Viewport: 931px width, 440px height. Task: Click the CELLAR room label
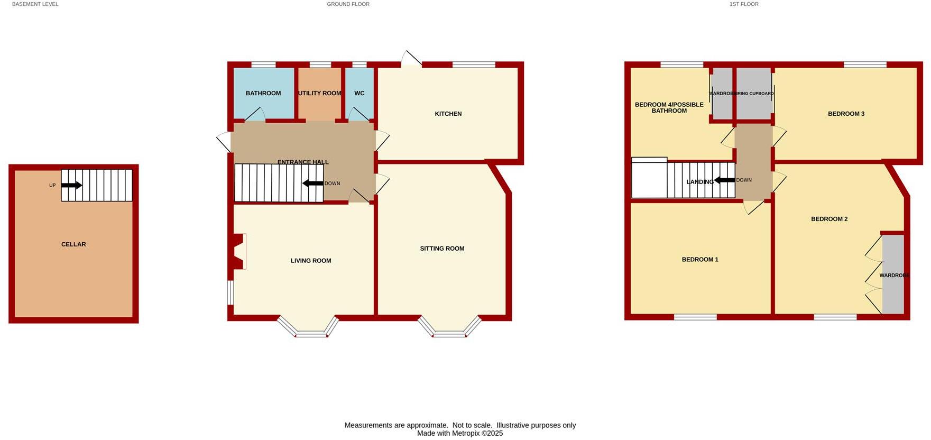(x=73, y=244)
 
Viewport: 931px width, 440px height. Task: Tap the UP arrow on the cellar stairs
(x=71, y=185)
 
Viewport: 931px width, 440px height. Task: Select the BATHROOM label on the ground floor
(x=263, y=93)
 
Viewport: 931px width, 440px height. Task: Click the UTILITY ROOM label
(x=320, y=93)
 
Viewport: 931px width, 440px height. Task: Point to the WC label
(x=360, y=93)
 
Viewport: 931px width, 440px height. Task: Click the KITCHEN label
(x=448, y=114)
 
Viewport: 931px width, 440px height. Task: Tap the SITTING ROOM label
(x=442, y=249)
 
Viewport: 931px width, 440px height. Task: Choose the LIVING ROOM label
(x=311, y=261)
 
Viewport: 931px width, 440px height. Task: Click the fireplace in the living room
(x=239, y=252)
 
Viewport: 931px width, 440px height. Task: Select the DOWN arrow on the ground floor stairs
(x=313, y=184)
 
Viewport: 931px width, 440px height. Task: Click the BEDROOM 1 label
(x=700, y=260)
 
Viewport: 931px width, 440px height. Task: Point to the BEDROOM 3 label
(x=846, y=114)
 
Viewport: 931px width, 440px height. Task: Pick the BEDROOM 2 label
(x=829, y=219)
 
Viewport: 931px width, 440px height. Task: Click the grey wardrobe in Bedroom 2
(x=893, y=275)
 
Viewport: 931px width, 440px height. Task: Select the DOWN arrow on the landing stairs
(x=724, y=180)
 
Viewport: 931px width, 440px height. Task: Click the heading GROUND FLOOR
(x=348, y=4)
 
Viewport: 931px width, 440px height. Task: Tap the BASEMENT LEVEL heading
(x=35, y=4)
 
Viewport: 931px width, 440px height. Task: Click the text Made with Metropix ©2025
(x=460, y=433)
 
